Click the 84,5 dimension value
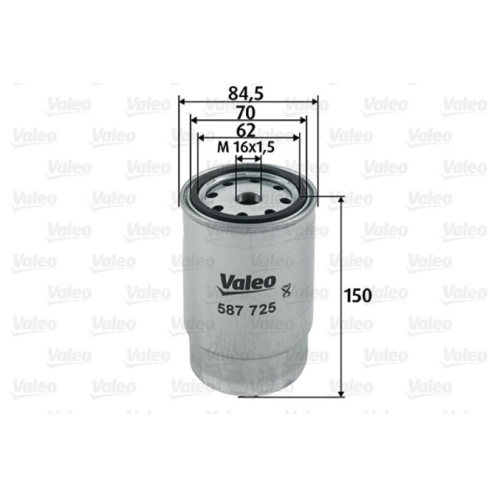coord(248,92)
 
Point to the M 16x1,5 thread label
coord(247,148)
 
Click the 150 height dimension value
coord(358,295)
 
